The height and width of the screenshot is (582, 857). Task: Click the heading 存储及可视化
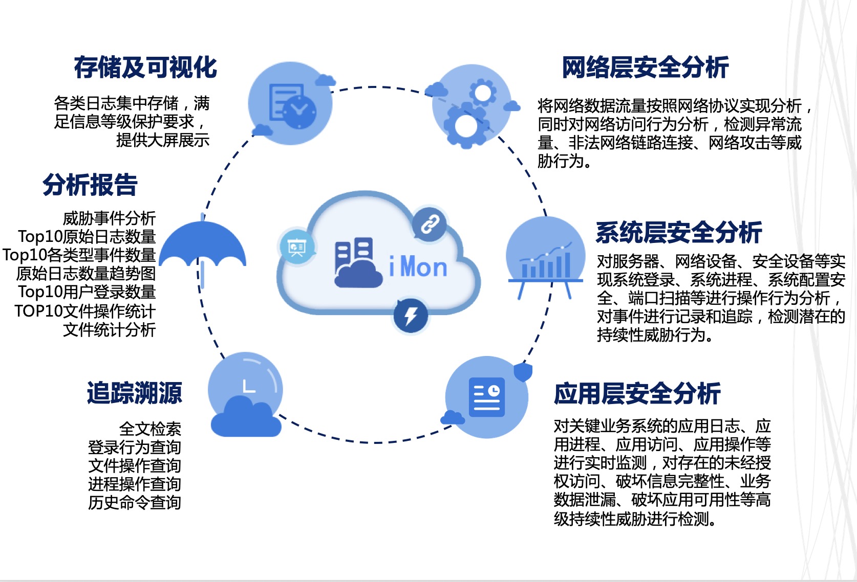(x=145, y=68)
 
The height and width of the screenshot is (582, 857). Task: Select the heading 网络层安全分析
(x=645, y=68)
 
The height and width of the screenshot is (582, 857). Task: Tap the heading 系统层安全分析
(x=679, y=233)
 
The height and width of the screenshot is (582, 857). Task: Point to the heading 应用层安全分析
(x=637, y=394)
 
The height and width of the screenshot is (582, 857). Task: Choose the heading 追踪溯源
(x=135, y=393)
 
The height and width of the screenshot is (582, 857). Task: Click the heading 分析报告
(x=90, y=185)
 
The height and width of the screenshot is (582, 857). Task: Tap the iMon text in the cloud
(x=418, y=267)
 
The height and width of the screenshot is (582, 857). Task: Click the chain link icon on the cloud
(x=430, y=224)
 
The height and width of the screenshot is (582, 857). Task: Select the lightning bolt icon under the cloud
(x=411, y=316)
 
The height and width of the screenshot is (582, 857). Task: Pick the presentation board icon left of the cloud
(x=296, y=247)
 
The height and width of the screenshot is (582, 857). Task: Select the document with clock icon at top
(x=290, y=103)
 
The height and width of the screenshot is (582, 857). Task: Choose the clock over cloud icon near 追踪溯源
(x=245, y=394)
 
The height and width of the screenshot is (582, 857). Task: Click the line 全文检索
(x=150, y=429)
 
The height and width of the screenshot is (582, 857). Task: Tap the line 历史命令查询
(x=135, y=503)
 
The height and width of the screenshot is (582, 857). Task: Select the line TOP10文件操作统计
(x=85, y=311)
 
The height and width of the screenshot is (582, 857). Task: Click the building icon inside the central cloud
(x=358, y=262)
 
